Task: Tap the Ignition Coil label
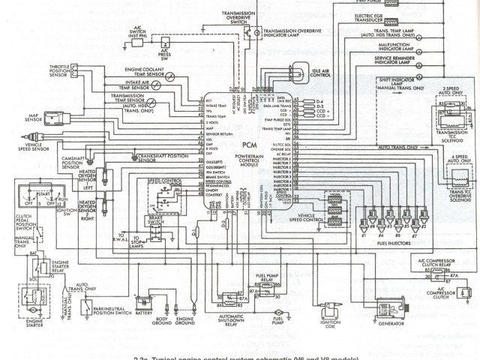(x=326, y=325)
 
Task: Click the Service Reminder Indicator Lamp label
(x=400, y=61)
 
